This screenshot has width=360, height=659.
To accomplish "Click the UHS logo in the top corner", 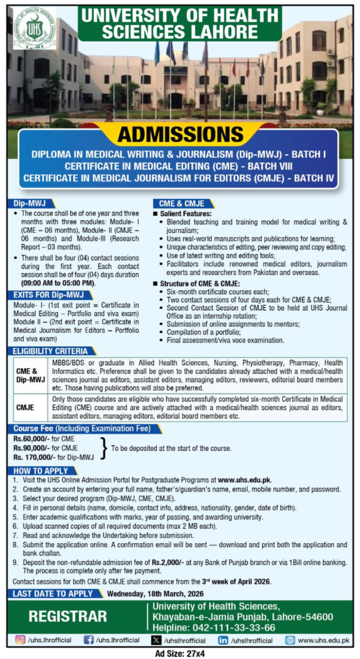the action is coord(35,28).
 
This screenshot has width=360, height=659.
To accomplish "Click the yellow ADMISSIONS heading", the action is coord(179,135).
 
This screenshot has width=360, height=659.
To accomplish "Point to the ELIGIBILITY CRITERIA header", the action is coord(48,351).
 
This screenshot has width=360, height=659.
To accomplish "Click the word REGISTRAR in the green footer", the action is coord(68,617).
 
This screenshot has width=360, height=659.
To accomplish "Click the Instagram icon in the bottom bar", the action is coord(21,640).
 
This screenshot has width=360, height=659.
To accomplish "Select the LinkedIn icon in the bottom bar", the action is coord(223,640).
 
